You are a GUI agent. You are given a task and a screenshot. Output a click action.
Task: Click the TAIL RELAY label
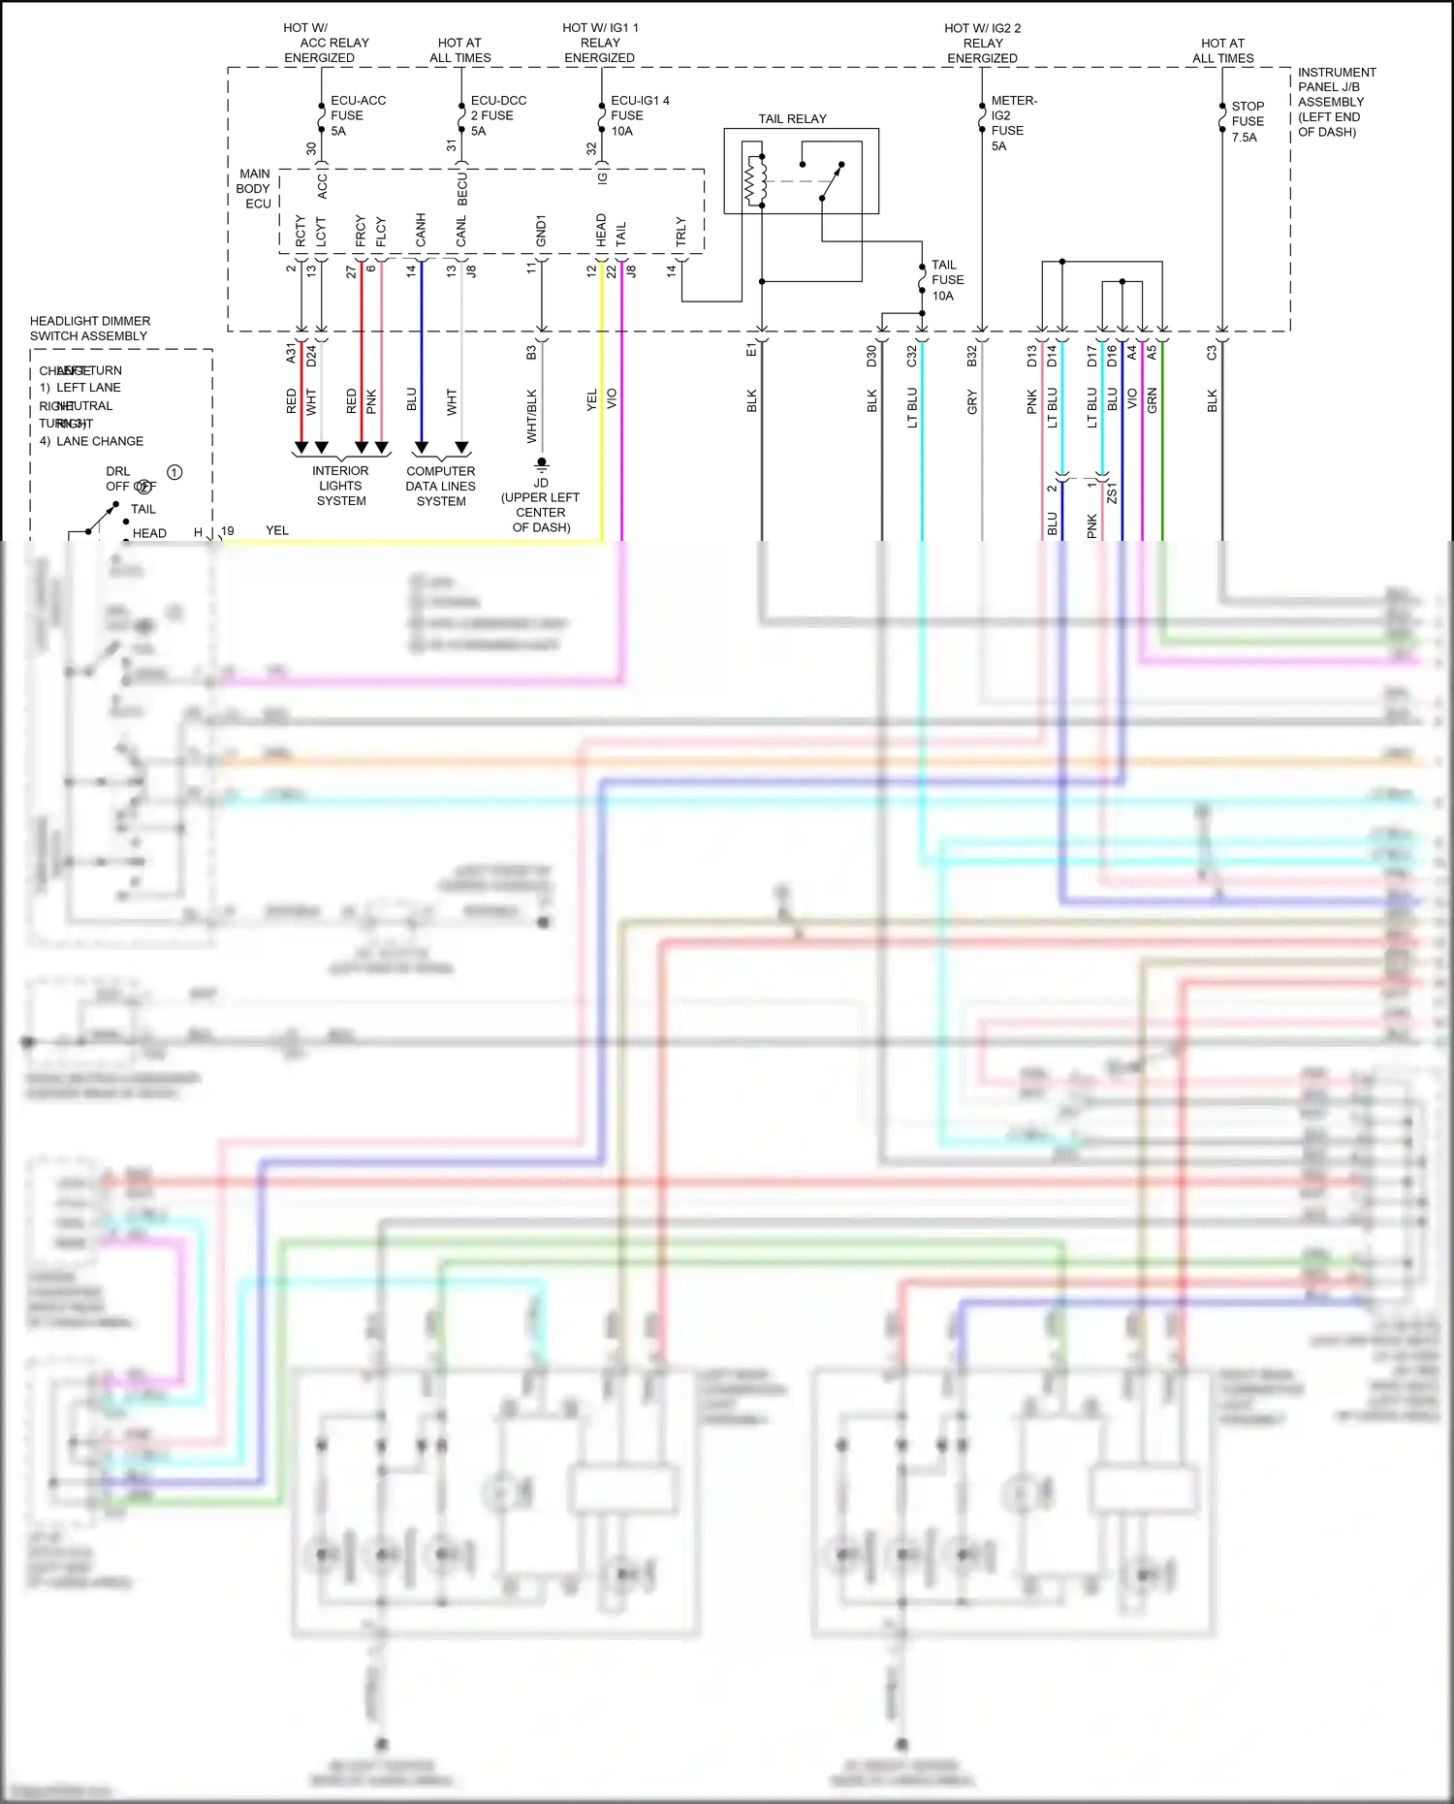point(792,119)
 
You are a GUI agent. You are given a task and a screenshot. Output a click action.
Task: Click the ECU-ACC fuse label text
point(357,115)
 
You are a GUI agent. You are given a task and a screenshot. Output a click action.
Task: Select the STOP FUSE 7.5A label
point(1247,121)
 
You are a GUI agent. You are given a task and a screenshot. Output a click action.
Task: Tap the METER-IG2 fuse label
point(1012,123)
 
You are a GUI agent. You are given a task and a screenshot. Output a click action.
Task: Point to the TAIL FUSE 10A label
point(946,280)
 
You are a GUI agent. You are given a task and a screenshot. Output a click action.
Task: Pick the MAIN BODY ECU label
point(255,189)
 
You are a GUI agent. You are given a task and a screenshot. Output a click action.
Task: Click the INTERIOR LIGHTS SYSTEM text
point(340,486)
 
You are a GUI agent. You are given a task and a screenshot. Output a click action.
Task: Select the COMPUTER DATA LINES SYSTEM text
point(441,487)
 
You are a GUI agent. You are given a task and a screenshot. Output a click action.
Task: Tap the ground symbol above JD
point(542,464)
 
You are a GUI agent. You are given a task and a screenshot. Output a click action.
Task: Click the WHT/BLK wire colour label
point(531,416)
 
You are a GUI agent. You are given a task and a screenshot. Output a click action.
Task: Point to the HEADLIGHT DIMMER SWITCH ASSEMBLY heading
point(89,329)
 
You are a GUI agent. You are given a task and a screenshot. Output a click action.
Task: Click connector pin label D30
point(871,356)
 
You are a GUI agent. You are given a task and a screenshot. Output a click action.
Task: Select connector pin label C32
point(911,356)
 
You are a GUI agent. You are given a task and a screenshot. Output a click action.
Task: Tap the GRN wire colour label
point(1153,400)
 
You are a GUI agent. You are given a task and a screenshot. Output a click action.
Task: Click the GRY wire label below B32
point(972,401)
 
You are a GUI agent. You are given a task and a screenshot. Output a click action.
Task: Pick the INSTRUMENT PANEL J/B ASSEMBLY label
point(1336,102)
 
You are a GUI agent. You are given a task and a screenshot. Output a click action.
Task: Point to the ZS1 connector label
point(1112,492)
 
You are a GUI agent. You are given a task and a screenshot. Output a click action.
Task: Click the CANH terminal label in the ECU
point(421,230)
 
